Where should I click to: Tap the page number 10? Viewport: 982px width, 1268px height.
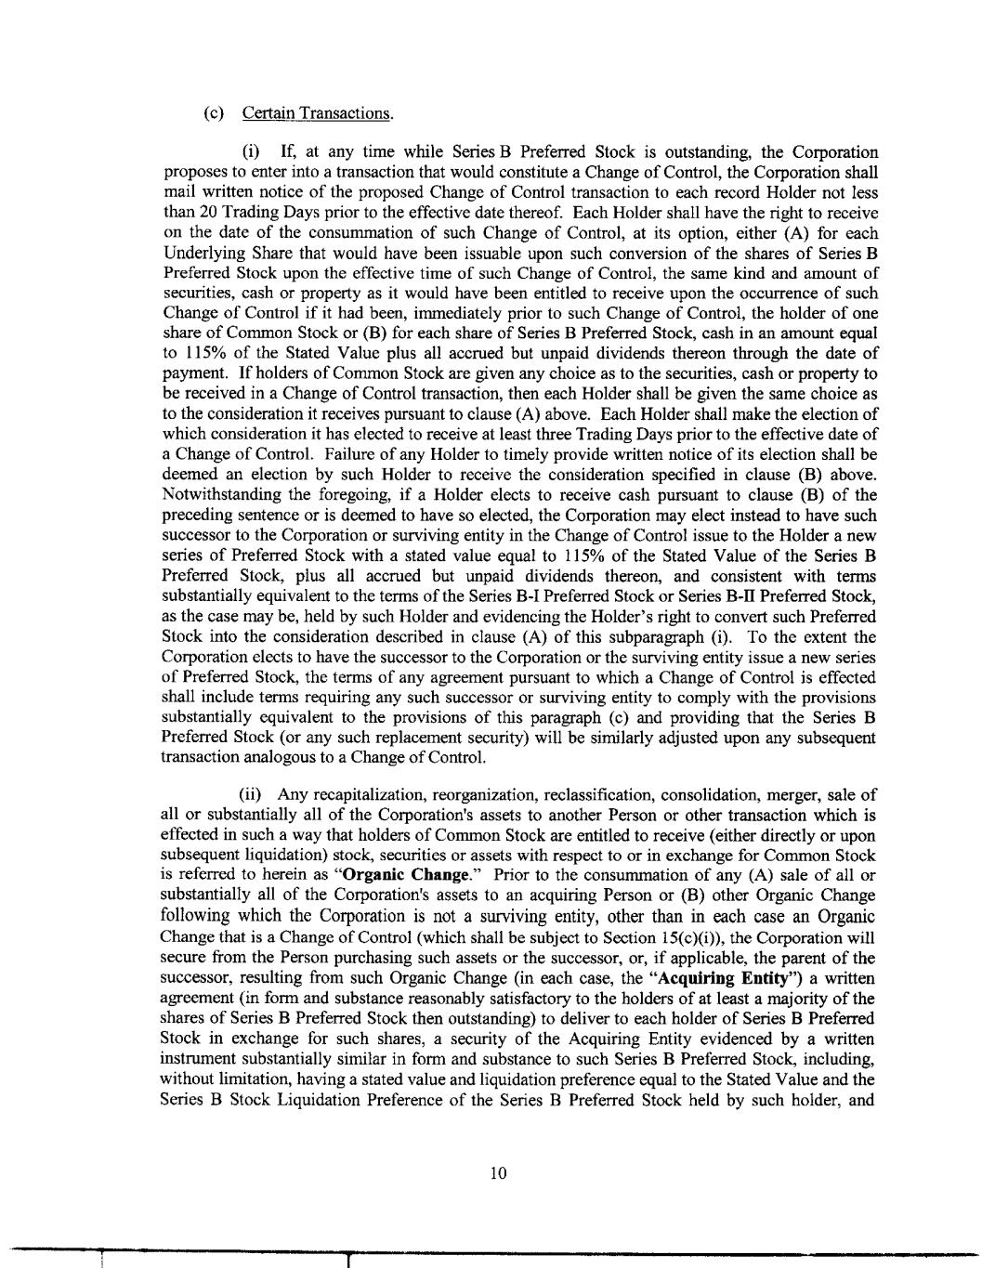[x=498, y=1173]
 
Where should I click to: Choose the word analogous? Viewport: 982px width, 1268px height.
[x=277, y=756]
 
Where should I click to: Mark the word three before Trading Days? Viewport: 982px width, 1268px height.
[x=540, y=434]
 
